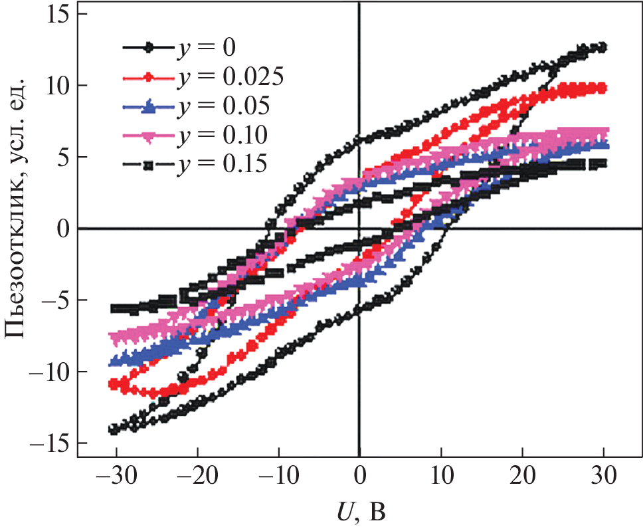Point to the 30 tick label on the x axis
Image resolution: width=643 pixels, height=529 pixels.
tap(604, 477)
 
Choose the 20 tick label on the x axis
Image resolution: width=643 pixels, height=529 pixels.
tap(522, 477)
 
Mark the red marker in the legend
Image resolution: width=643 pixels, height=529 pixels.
tap(149, 77)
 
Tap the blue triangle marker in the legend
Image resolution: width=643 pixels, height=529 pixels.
tap(149, 106)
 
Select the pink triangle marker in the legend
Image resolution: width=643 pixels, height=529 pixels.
tap(149, 136)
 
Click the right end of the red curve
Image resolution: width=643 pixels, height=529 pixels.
tap(602, 88)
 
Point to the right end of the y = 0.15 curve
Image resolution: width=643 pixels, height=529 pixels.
tap(602, 163)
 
